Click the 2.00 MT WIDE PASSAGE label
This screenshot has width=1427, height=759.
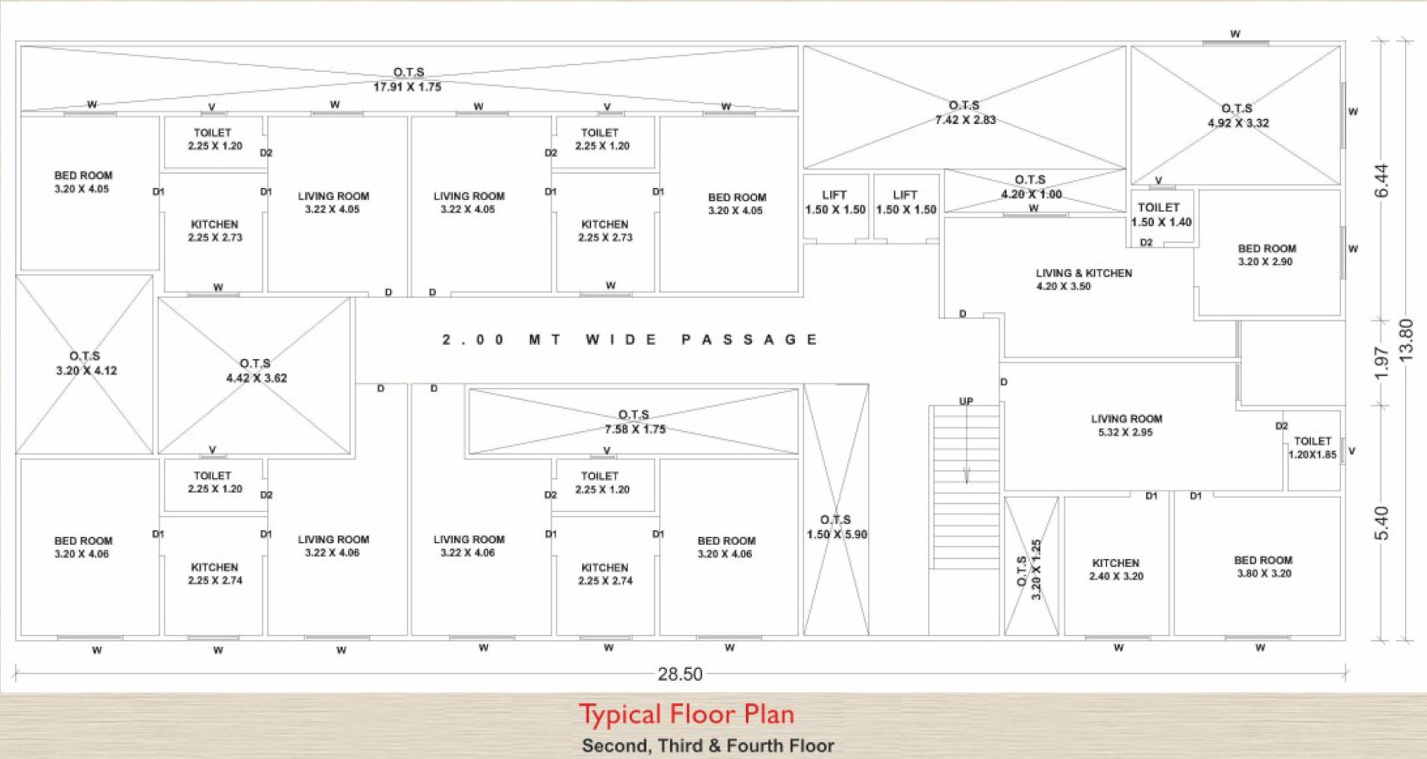tap(630, 340)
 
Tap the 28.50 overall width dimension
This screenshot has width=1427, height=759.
tap(679, 674)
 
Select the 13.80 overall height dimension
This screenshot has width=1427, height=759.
tap(1406, 341)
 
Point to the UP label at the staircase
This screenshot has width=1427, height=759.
tap(966, 401)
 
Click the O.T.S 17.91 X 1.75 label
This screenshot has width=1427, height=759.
tap(408, 79)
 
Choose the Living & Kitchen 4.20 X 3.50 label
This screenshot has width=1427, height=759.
tap(1084, 280)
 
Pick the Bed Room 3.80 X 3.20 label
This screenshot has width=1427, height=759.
tap(1263, 567)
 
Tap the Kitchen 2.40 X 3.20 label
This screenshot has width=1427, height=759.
tap(1116, 569)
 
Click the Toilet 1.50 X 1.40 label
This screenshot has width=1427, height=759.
tap(1161, 215)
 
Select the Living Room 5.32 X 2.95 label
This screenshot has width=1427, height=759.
tap(1126, 425)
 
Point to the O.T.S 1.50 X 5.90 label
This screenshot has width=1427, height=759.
tap(836, 527)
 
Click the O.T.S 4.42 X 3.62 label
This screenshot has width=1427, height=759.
tap(256, 370)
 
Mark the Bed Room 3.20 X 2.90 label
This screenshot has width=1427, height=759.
tap(1267, 255)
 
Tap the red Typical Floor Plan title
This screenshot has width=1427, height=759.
tap(687, 714)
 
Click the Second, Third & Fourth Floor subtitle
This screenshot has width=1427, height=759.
tap(708, 746)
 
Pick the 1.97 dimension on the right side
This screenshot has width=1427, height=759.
tap(1381, 363)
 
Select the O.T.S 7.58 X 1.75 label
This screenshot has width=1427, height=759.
tap(635, 422)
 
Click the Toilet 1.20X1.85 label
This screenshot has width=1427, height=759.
tap(1312, 447)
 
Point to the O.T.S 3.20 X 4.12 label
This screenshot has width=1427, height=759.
tap(86, 363)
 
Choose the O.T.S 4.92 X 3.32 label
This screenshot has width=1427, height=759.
tap(1238, 116)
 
